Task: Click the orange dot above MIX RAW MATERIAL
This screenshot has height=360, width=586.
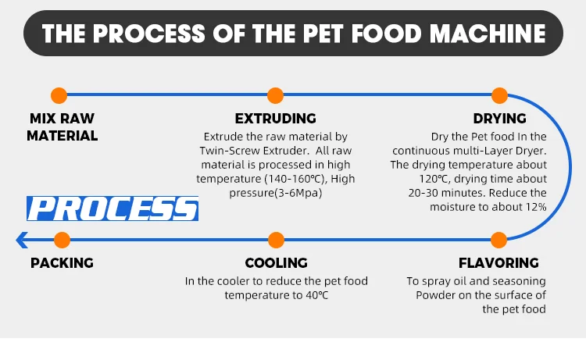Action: (59, 95)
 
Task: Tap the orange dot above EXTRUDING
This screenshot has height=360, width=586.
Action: (276, 95)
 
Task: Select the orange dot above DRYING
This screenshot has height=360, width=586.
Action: (499, 95)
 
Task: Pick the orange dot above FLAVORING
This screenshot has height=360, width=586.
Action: (498, 240)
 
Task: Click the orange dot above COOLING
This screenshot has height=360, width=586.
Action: (276, 240)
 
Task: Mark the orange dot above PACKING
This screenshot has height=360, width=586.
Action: (62, 240)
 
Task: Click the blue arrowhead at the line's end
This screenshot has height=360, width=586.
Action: (22, 240)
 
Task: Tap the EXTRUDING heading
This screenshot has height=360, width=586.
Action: (276, 119)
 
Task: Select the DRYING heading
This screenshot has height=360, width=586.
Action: (500, 119)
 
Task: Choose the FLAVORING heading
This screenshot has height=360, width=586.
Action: (498, 263)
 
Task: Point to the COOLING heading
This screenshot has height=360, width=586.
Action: (276, 263)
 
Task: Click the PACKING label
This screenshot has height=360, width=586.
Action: (62, 263)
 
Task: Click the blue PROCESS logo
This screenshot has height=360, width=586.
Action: (113, 209)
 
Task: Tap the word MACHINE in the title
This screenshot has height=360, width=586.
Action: (488, 34)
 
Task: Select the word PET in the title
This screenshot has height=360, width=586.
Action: (323, 34)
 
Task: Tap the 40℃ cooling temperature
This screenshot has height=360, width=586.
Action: (317, 295)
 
